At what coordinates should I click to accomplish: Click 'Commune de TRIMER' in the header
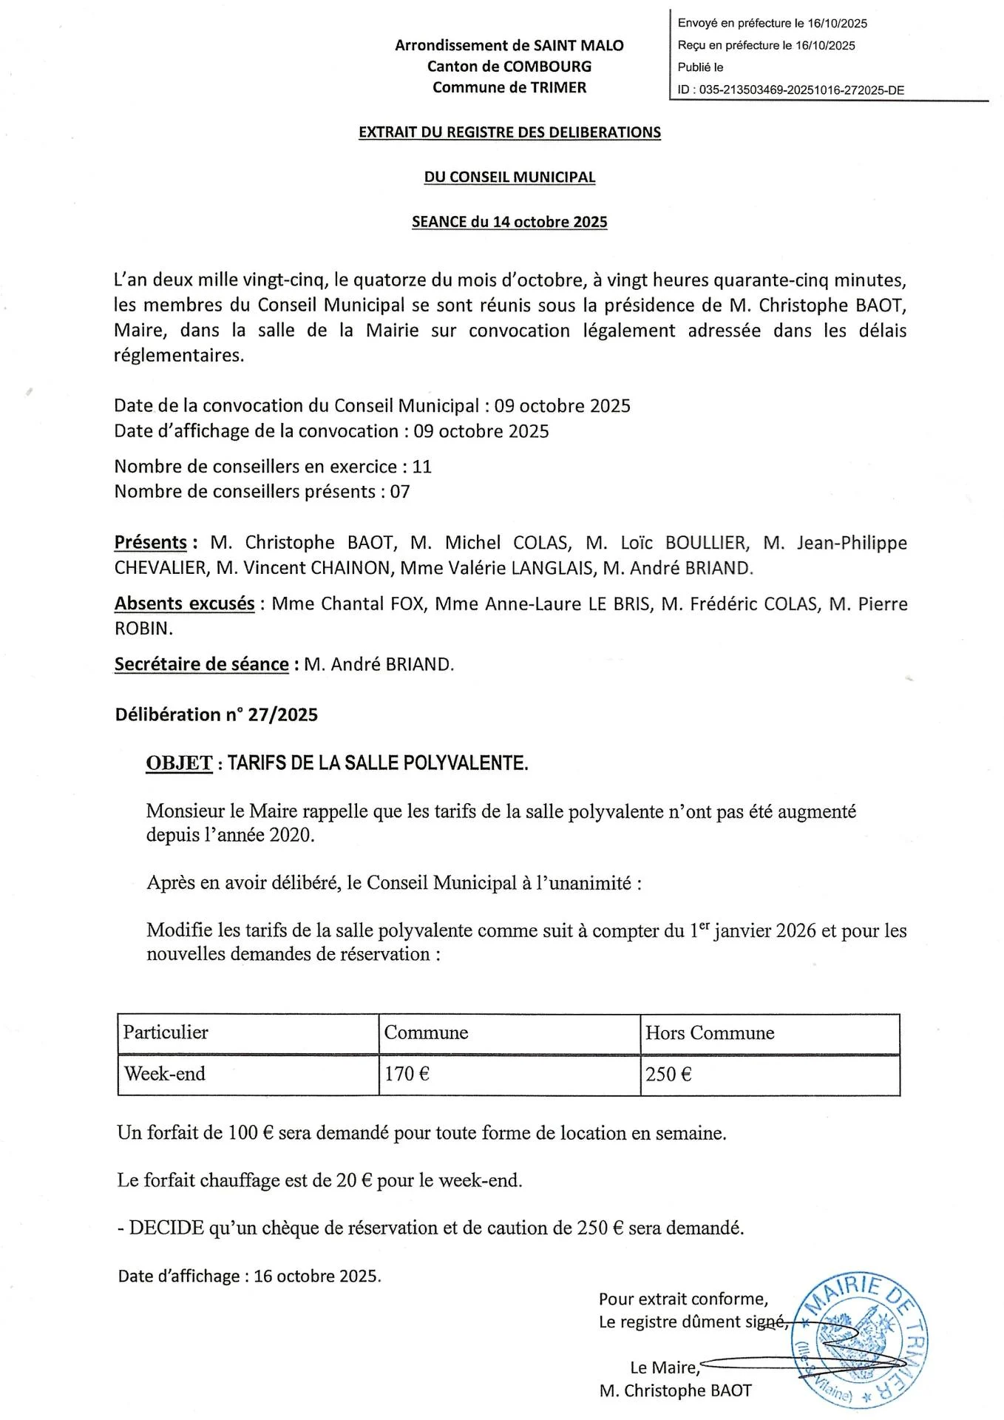(509, 87)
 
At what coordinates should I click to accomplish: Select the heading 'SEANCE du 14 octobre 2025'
(509, 222)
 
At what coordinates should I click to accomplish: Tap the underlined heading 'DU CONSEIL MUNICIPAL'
(509, 177)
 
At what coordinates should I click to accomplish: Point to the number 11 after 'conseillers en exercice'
(421, 467)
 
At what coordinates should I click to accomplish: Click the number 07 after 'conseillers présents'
(399, 492)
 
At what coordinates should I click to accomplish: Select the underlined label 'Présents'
(151, 542)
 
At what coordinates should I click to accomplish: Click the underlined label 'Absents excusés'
(184, 603)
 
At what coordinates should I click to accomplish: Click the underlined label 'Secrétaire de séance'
(201, 664)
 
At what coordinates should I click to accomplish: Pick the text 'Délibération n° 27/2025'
(217, 714)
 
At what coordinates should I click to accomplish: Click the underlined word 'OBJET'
(180, 763)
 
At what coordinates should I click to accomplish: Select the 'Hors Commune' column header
(709, 1032)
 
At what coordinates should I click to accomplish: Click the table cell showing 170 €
(407, 1074)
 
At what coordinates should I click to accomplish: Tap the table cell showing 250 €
(668, 1074)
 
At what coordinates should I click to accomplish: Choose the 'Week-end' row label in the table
(165, 1074)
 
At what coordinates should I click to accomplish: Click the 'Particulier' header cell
(166, 1032)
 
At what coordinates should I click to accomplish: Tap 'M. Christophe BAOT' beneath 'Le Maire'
(675, 1390)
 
